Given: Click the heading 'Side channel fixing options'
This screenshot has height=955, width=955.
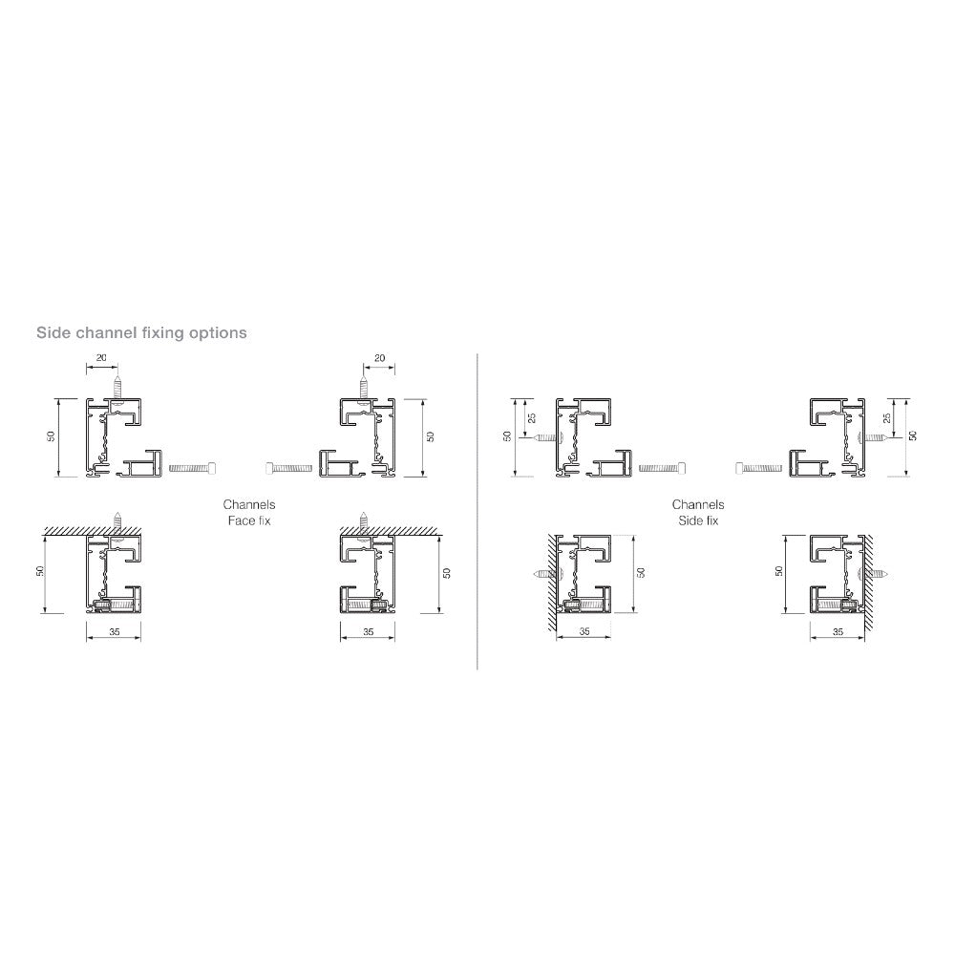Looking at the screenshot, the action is (141, 332).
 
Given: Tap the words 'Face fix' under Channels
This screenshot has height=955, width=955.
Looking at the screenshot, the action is (249, 520).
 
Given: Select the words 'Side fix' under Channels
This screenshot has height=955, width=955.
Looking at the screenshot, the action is (698, 520).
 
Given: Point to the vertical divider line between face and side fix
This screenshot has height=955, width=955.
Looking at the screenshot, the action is (477, 512).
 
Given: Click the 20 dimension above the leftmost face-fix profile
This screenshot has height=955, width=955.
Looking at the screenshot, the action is (101, 357).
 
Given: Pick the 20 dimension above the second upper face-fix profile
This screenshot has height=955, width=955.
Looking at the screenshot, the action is (379, 358).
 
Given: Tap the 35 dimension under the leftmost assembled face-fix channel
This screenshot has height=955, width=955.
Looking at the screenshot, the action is (115, 631).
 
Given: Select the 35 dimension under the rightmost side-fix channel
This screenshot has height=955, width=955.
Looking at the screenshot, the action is (838, 631).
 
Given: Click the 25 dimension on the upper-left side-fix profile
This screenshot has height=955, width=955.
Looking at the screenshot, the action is (532, 418).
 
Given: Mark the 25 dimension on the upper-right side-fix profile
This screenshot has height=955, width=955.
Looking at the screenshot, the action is (887, 418).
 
